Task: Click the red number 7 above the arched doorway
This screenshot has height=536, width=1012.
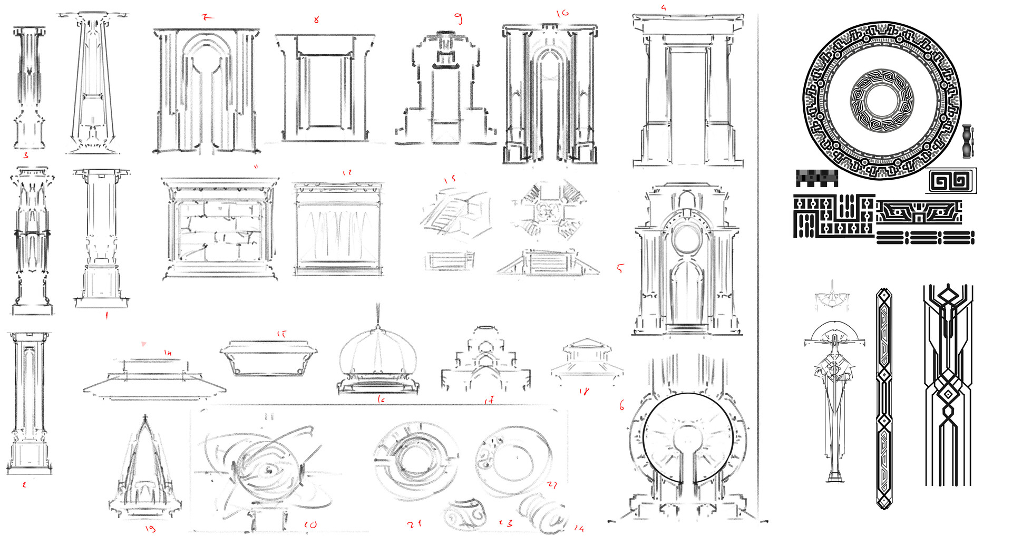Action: (x=207, y=17)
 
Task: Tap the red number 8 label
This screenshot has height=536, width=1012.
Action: (x=316, y=20)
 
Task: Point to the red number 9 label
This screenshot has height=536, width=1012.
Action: (x=459, y=18)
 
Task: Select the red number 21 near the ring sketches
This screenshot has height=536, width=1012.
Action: (x=414, y=524)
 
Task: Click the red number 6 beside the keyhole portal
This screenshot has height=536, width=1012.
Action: (x=622, y=405)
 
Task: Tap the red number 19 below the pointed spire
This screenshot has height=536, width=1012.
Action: (x=150, y=528)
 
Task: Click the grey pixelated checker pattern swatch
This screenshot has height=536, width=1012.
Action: (x=816, y=178)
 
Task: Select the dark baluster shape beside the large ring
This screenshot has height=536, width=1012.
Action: (x=966, y=141)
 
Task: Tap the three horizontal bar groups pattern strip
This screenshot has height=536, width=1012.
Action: (x=925, y=238)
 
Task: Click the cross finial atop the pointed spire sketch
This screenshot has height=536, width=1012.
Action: (x=145, y=418)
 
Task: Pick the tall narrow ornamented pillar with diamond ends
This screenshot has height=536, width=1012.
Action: (x=884, y=398)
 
